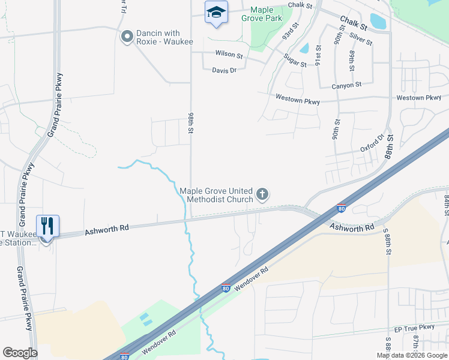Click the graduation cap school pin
point(216,12)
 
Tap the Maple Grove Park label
point(262,14)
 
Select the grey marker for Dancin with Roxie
point(127,37)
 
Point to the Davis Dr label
point(224,70)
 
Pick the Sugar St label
point(295,59)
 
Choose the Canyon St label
point(347,86)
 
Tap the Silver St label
point(361,39)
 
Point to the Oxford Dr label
point(372,144)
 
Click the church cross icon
point(262,194)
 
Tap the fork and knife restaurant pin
point(47,226)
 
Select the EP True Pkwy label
point(414,328)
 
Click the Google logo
point(20,353)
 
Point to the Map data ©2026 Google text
point(412,355)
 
